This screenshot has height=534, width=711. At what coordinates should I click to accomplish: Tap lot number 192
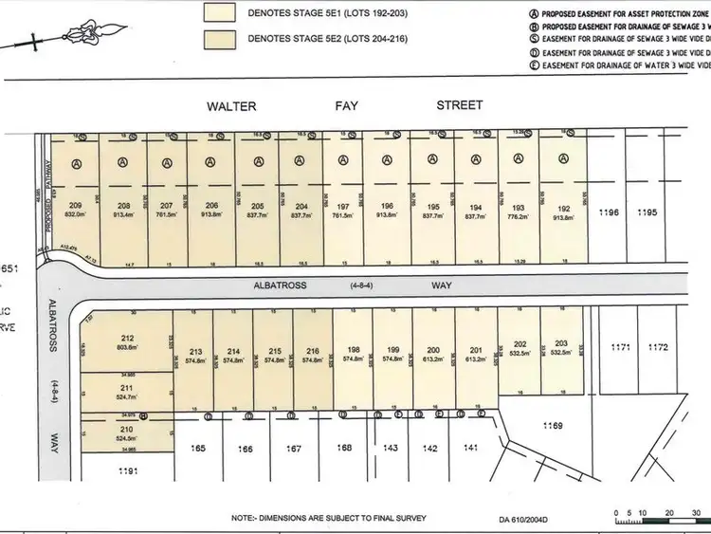563,206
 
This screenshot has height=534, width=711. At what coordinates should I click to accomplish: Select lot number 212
128,338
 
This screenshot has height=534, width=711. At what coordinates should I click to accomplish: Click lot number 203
561,343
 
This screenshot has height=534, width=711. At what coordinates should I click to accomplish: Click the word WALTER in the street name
231,106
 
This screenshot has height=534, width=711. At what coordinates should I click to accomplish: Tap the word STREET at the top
459,105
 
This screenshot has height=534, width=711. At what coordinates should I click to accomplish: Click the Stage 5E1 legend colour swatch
224,13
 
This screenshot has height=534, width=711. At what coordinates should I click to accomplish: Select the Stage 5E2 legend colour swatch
224,40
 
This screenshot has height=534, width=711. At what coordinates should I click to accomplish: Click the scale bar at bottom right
655,518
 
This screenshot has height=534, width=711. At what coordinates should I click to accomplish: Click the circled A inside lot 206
210,162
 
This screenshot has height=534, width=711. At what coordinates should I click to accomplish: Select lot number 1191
127,470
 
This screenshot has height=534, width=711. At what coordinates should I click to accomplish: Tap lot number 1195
647,212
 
